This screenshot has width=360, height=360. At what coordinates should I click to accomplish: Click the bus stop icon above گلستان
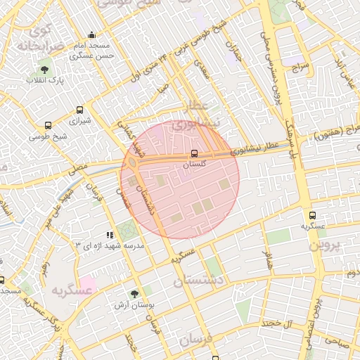(x=194, y=153)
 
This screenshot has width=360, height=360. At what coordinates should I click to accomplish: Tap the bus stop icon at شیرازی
(x=79, y=110)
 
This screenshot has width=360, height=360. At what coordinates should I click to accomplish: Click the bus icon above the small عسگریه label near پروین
(x=312, y=215)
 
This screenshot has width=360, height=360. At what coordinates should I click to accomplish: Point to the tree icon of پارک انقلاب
(x=45, y=70)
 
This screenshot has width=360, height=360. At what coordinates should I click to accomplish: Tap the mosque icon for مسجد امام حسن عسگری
(x=91, y=35)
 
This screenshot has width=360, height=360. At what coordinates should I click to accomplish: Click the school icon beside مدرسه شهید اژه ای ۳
(x=109, y=235)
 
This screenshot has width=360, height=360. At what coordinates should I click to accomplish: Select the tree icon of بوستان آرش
(x=134, y=295)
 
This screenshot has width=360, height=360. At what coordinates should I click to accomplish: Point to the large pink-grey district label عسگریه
(x=71, y=289)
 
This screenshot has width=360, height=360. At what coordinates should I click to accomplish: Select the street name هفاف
(x=267, y=259)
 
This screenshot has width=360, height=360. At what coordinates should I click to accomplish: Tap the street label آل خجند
(x=276, y=322)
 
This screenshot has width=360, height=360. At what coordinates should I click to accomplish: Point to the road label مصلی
(x=78, y=169)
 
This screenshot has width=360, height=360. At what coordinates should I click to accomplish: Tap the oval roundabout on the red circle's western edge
(x=132, y=163)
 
